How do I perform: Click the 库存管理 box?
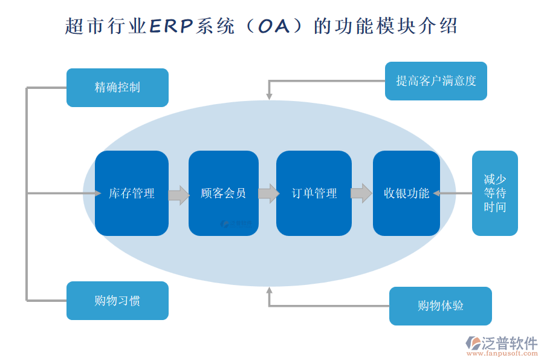pyautogui.click(x=132, y=193)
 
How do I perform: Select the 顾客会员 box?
pyautogui.click(x=223, y=193)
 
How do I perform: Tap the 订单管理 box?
pyautogui.click(x=314, y=193)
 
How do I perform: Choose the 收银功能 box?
pyautogui.click(x=406, y=193)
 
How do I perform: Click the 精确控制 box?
pyautogui.click(x=117, y=88)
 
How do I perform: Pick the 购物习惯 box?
pyautogui.click(x=117, y=301)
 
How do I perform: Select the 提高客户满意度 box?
pyautogui.click(x=436, y=81)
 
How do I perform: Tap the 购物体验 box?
pyautogui.click(x=440, y=306)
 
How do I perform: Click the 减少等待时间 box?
pyautogui.click(x=494, y=193)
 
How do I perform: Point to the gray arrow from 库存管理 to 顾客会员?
pyautogui.click(x=178, y=194)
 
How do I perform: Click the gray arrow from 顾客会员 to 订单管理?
pyautogui.click(x=268, y=194)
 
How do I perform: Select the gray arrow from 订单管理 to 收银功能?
pyautogui.click(x=361, y=194)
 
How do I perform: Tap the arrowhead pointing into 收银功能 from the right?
pyautogui.click(x=436, y=194)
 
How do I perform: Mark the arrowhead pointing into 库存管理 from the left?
pyautogui.click(x=97, y=193)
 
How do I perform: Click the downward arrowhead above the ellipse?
pyautogui.click(x=269, y=96)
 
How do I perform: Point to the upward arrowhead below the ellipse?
pyautogui.click(x=269, y=292)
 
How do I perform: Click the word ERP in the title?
pyautogui.click(x=171, y=26)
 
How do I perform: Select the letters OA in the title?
pyautogui.click(x=275, y=26)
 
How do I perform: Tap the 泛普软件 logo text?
pyautogui.click(x=509, y=343)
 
